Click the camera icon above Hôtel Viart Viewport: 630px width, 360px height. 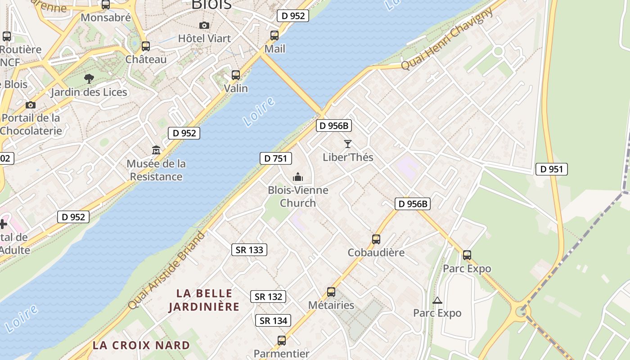tap(204, 25)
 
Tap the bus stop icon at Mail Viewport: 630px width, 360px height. tap(274, 36)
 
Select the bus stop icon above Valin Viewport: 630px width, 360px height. tap(236, 75)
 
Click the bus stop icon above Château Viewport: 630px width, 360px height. tap(146, 46)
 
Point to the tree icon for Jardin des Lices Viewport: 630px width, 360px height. tap(89, 79)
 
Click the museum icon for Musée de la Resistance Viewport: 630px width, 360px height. tap(156, 150)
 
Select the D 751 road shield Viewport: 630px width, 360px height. tap(276, 158)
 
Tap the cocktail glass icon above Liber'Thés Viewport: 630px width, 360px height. tap(348, 144)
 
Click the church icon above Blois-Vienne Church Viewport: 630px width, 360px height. tap(298, 177)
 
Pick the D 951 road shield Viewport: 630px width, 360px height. tap(551, 169)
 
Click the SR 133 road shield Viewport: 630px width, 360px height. tap(249, 250)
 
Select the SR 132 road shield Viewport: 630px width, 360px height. tap(268, 297)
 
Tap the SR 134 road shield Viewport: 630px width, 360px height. tap(273, 320)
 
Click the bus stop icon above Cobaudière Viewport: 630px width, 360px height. tap(376, 239)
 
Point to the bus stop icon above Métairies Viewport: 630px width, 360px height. tap(331, 292)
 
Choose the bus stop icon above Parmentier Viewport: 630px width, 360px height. tap(282, 341)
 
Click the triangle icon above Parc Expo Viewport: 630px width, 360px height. tap(437, 300)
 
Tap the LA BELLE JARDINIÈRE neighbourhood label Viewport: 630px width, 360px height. tap(204, 300)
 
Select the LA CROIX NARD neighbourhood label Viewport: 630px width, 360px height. tap(141, 345)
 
